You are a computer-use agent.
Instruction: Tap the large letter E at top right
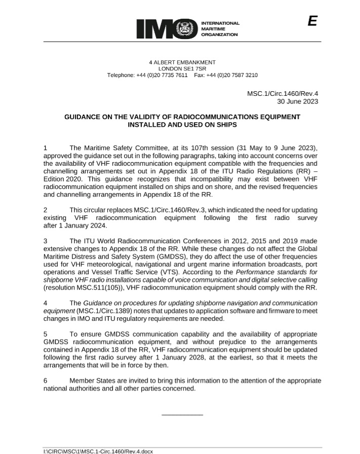(312, 21)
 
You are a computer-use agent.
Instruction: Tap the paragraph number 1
(46, 148)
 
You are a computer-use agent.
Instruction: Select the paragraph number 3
(46, 241)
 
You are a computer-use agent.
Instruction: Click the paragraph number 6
(46, 381)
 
